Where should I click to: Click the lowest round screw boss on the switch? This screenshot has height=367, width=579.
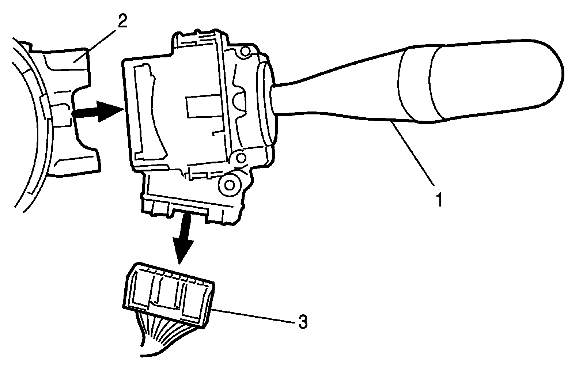click(x=230, y=185)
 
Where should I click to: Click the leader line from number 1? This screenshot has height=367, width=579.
click(x=417, y=157)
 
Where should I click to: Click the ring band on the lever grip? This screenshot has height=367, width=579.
click(x=417, y=86)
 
